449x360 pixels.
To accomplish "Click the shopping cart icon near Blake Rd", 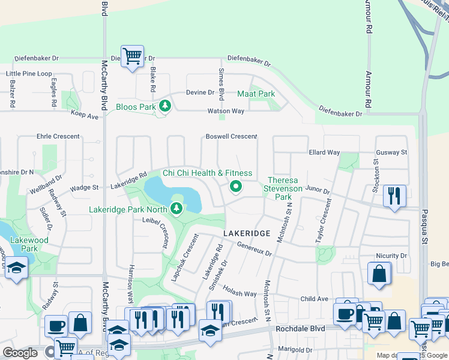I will (132, 56).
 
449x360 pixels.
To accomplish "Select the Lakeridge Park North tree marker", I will (176, 209).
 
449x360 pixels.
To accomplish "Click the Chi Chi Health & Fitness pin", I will (236, 187).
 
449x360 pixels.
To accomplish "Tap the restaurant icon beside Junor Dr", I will (394, 196).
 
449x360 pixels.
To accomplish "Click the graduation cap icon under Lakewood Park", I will (16, 269).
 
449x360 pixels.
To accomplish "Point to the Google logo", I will (20, 353).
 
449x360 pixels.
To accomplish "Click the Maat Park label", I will (256, 94).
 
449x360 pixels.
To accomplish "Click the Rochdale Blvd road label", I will (300, 329).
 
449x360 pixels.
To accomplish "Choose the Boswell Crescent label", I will (231, 137).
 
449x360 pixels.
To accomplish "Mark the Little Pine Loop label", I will (29, 74).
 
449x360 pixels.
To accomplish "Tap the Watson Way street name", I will (226, 111).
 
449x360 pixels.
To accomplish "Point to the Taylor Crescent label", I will (324, 221).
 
